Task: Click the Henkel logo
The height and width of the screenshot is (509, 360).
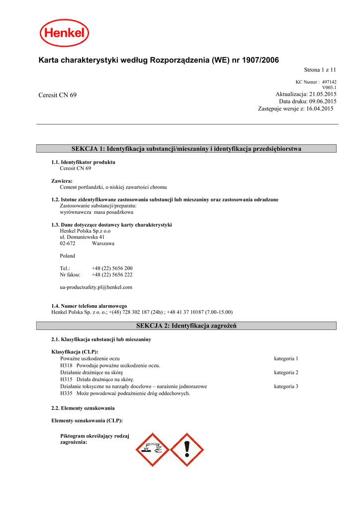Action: click(x=65, y=33)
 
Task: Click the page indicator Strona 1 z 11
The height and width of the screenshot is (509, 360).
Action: click(x=320, y=70)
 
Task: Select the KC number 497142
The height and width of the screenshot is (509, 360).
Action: click(x=329, y=82)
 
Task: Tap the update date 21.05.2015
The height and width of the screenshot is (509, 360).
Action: click(x=323, y=94)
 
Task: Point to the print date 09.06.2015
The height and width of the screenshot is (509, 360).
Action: click(x=323, y=101)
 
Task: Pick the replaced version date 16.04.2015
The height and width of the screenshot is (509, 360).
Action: click(x=320, y=108)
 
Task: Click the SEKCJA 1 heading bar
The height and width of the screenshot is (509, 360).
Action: click(x=186, y=149)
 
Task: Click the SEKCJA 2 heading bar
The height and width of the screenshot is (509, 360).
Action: click(x=186, y=326)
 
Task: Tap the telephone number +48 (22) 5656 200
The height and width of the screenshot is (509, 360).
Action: click(x=112, y=268)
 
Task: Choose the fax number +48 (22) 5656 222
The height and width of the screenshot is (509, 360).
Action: click(x=112, y=274)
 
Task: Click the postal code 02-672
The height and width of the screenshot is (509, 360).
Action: click(x=68, y=244)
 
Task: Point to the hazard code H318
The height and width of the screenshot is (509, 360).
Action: click(x=66, y=365)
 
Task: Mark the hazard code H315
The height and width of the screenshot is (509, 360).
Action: click(x=66, y=379)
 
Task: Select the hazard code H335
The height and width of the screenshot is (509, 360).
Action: click(x=66, y=393)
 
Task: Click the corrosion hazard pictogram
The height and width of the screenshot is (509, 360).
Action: click(x=153, y=449)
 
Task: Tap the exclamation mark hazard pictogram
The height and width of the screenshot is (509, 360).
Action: click(x=187, y=449)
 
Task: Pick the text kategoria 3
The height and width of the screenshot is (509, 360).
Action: click(x=286, y=386)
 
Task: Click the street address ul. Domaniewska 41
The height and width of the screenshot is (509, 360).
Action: click(x=82, y=237)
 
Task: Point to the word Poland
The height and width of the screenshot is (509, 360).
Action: click(x=68, y=256)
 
